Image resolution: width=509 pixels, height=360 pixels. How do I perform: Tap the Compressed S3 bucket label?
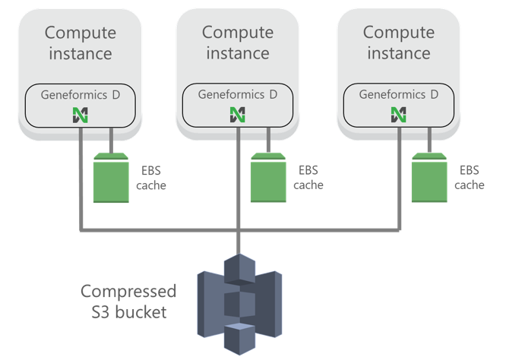[128, 301]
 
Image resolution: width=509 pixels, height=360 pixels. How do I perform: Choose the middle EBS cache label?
[308, 178]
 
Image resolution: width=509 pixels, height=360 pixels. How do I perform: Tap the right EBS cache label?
[469, 178]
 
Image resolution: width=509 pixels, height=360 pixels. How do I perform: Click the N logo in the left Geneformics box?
[80, 115]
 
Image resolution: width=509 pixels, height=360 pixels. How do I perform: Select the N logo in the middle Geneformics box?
[237, 115]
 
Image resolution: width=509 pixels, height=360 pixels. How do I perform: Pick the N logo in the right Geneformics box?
[398, 115]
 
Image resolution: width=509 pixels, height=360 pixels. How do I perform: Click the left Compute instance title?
[80, 43]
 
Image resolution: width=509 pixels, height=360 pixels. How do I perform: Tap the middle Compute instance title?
[237, 43]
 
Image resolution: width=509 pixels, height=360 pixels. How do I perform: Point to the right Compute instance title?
[398, 43]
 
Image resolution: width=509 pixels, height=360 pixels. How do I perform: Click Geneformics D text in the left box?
[80, 95]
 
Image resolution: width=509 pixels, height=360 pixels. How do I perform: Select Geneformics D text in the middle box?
[237, 95]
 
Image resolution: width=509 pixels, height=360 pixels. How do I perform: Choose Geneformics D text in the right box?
[398, 95]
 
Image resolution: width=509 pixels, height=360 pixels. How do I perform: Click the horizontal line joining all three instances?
[167, 229]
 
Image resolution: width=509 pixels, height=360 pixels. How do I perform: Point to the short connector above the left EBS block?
[112, 141]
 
